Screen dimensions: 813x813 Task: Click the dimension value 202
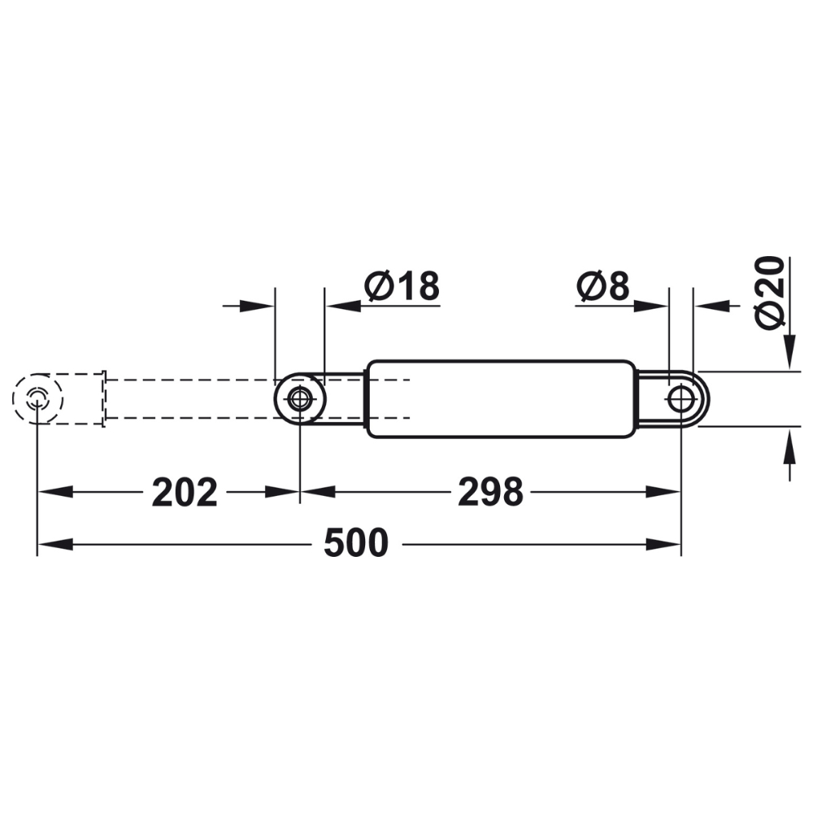point(185,493)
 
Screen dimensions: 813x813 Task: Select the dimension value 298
point(490,493)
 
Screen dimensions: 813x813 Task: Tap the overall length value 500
point(356,544)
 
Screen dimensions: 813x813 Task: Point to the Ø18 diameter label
point(402,286)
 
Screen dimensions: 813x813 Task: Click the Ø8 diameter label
point(602,286)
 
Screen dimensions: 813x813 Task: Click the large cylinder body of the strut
point(500,398)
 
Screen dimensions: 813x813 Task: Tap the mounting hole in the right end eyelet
point(680,398)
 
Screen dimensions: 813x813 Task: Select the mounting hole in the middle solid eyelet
point(300,398)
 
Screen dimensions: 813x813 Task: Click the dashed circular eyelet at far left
point(37,398)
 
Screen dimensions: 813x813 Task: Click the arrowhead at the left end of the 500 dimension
point(50,544)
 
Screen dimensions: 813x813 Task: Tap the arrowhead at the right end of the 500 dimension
point(668,544)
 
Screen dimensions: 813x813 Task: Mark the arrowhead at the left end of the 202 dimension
point(50,492)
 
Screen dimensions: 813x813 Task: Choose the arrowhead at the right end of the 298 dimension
point(668,492)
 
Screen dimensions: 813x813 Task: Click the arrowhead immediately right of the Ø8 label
point(654,306)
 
